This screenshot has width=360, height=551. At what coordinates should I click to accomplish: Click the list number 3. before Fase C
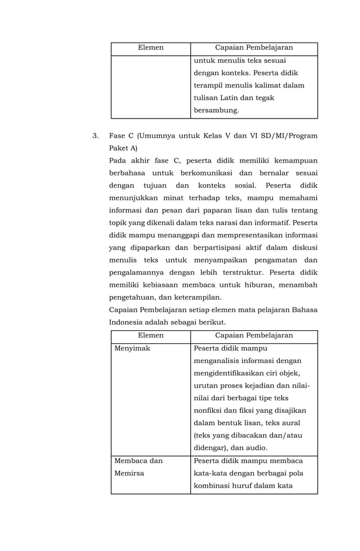(95, 136)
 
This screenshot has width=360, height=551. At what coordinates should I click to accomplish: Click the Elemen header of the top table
(151, 48)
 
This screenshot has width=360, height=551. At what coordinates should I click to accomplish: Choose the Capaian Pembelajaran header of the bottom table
(254, 335)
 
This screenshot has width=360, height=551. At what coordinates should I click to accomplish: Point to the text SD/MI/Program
(289, 136)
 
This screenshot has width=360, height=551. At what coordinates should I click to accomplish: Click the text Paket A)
(123, 148)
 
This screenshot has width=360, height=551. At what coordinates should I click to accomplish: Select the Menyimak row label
(132, 348)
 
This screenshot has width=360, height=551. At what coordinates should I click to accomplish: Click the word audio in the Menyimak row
(255, 448)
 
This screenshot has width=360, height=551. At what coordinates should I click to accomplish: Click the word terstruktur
(243, 273)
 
